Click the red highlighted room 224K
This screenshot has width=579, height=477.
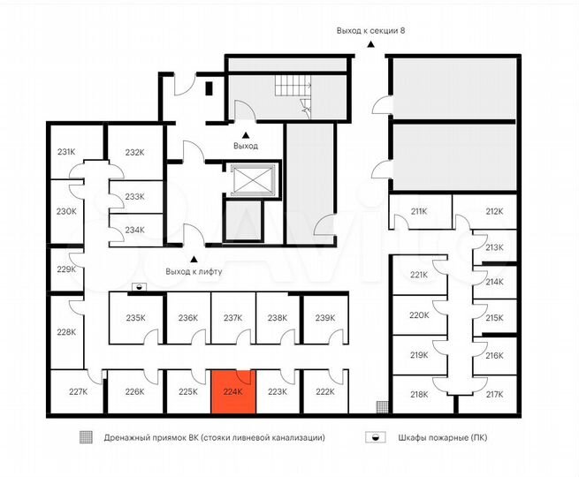tap(233, 391)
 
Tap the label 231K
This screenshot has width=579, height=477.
tap(66, 152)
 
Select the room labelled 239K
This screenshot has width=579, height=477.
tap(325, 318)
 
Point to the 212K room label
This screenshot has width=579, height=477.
tap(494, 211)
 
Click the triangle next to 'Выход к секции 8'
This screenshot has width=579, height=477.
tap(370, 45)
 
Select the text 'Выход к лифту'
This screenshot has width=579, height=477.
tap(194, 272)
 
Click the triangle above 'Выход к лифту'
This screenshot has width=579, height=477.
tap(194, 260)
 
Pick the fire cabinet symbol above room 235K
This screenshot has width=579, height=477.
tap(139, 287)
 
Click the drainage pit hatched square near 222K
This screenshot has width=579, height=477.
tap(382, 407)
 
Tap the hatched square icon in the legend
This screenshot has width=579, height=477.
tap(86, 437)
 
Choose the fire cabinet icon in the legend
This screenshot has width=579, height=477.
tap(376, 437)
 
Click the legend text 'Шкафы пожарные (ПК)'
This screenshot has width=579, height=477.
tap(443, 438)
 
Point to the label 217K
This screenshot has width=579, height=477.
tap(494, 394)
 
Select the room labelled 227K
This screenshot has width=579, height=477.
tap(79, 391)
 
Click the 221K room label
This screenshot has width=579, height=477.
tap(419, 275)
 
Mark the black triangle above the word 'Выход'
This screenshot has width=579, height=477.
tap(246, 134)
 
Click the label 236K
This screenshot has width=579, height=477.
tap(188, 318)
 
